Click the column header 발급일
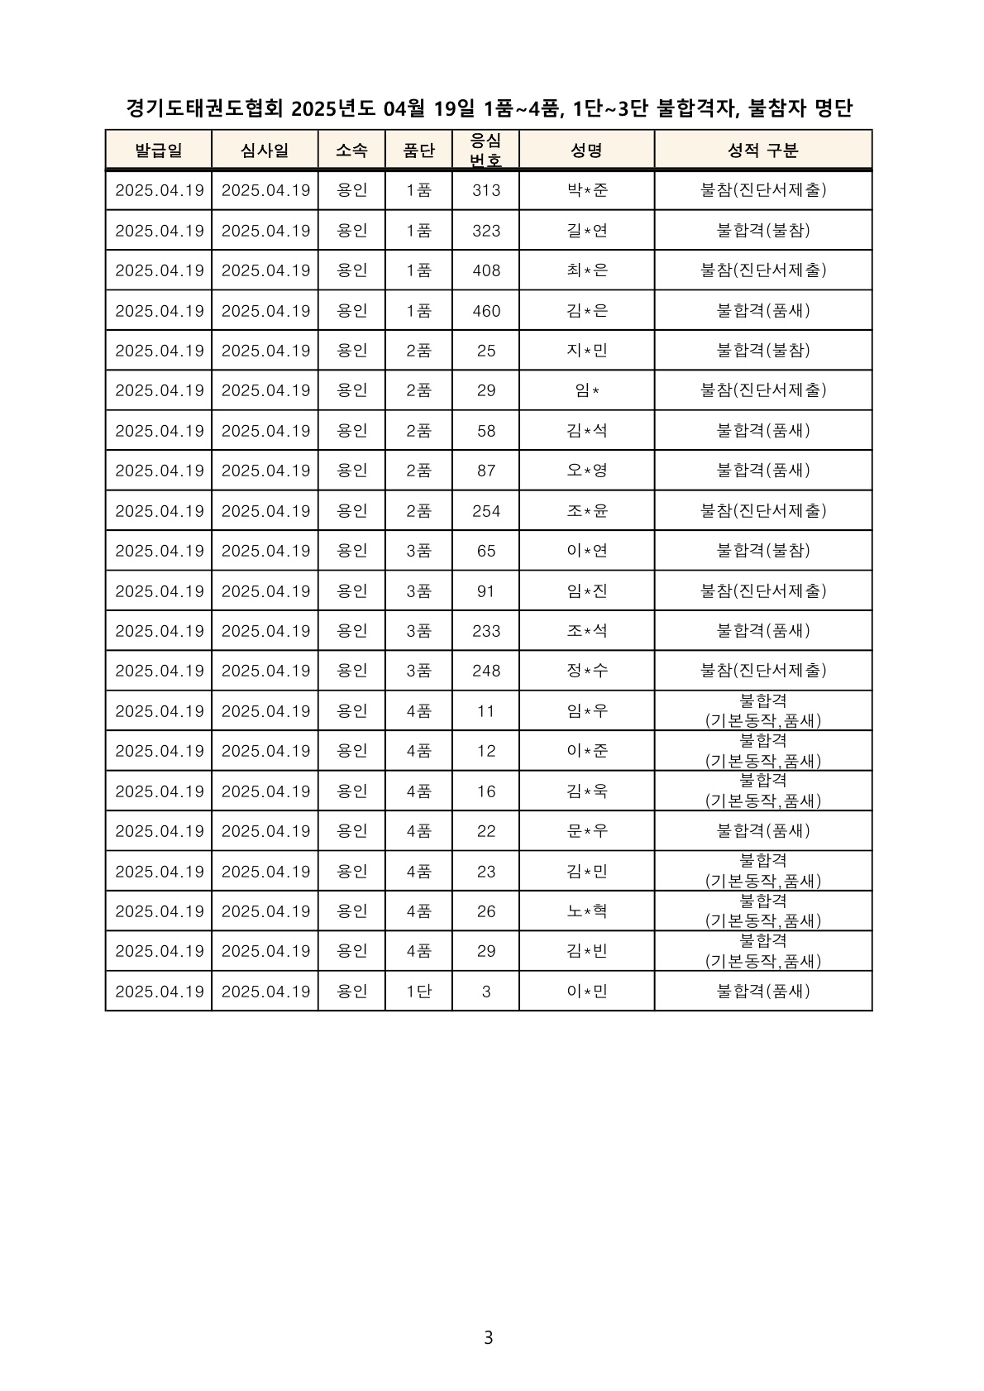(x=159, y=151)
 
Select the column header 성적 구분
(x=762, y=151)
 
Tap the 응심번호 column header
(x=485, y=150)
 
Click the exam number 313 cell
(x=486, y=190)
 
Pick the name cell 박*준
(x=587, y=190)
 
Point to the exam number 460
(x=486, y=311)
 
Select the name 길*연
(x=587, y=231)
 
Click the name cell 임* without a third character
(x=587, y=390)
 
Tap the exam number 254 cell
(x=486, y=511)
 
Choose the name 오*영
(x=587, y=471)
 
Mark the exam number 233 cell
(x=486, y=631)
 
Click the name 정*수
(x=587, y=671)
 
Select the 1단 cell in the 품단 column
(x=418, y=992)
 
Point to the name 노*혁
(x=587, y=911)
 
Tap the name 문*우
(x=587, y=831)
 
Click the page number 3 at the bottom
(x=488, y=1337)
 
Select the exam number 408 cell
(x=486, y=270)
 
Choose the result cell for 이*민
(x=762, y=992)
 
